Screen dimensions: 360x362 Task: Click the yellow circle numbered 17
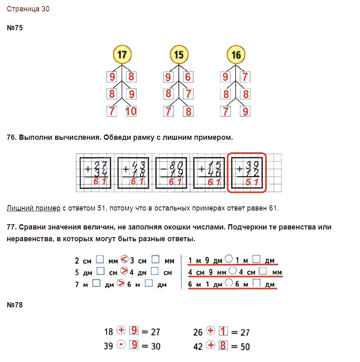point(122,55)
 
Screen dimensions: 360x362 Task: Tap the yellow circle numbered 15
point(179,55)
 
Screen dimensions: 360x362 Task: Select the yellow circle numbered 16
point(236,55)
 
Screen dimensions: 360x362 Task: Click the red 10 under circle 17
point(131,111)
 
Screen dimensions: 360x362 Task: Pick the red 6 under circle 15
point(188,77)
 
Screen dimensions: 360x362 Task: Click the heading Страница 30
point(28,9)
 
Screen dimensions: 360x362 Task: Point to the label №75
point(15,28)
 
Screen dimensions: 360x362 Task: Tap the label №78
point(15,305)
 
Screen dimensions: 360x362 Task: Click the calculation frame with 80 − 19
point(171,173)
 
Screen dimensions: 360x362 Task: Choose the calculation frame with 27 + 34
point(95,173)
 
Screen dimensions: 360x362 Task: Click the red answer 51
point(252,182)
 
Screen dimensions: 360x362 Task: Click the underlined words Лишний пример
point(33,208)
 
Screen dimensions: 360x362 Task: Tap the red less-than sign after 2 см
point(124,259)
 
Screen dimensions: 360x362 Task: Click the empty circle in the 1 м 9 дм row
point(228,259)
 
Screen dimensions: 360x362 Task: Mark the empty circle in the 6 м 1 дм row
point(229,282)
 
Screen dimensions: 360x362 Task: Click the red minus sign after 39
point(121,345)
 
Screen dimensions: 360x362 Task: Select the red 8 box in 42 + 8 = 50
point(223,345)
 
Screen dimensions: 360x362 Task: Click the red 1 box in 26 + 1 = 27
point(223,331)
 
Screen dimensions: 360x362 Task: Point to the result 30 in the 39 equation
point(156,346)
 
